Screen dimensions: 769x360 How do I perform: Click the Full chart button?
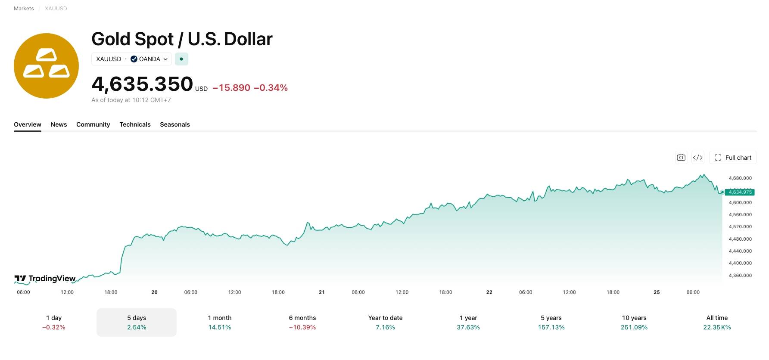tap(733, 158)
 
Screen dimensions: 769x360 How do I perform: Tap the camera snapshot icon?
tap(681, 158)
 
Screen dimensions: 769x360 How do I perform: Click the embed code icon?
tap(698, 158)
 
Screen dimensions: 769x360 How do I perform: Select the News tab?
tap(59, 124)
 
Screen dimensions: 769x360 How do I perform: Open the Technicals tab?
tap(135, 124)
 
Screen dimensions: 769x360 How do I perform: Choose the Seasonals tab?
tap(175, 124)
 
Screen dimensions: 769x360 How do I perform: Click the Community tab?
tap(93, 124)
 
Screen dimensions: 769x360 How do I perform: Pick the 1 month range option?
tap(220, 323)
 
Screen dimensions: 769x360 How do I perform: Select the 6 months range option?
tap(302, 323)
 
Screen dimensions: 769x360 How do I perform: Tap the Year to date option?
tap(386, 323)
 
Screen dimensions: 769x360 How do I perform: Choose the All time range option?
tap(717, 323)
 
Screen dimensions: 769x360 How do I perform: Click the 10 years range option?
tap(634, 323)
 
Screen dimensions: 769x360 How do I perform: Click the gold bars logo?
tap(46, 66)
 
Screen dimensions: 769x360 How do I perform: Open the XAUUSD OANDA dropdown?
tap(131, 59)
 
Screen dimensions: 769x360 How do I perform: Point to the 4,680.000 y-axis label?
tap(740, 178)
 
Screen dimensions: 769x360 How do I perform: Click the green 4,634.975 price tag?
tap(740, 192)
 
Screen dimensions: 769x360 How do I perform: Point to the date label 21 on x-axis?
tap(322, 292)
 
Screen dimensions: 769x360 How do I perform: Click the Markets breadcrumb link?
tap(24, 9)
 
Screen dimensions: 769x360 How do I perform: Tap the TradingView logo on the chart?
tap(45, 279)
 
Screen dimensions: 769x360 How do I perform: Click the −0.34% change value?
tap(271, 88)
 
